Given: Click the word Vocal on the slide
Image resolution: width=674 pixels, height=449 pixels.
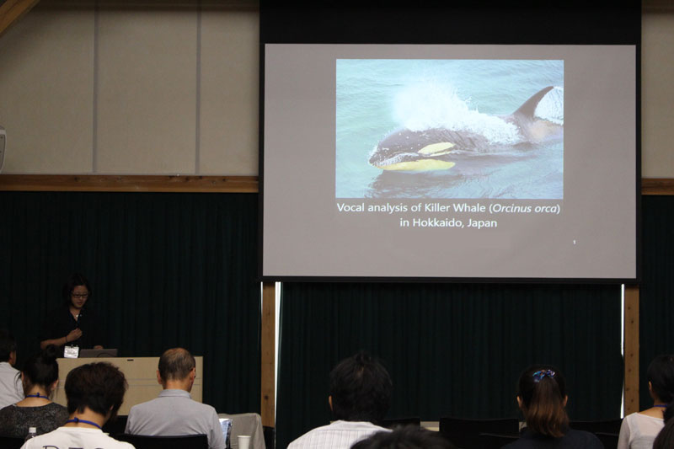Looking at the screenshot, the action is coord(350,208).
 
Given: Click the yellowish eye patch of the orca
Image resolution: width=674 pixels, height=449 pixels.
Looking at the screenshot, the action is coord(436,148).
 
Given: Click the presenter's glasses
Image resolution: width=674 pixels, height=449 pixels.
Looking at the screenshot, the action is coord(80,296).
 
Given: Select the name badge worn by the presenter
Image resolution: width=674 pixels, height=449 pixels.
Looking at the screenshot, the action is coord(71,352).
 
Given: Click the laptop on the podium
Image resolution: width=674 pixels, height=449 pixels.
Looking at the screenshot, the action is coord(99,353).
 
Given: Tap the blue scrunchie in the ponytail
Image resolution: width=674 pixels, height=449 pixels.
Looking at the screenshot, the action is coord(543,375).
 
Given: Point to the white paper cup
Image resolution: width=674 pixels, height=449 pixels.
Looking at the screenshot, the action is coord(244,442).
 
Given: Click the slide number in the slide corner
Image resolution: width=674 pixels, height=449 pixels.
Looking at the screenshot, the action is coord(575,243).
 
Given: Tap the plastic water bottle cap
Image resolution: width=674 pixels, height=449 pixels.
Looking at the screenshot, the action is coord(31,430).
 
